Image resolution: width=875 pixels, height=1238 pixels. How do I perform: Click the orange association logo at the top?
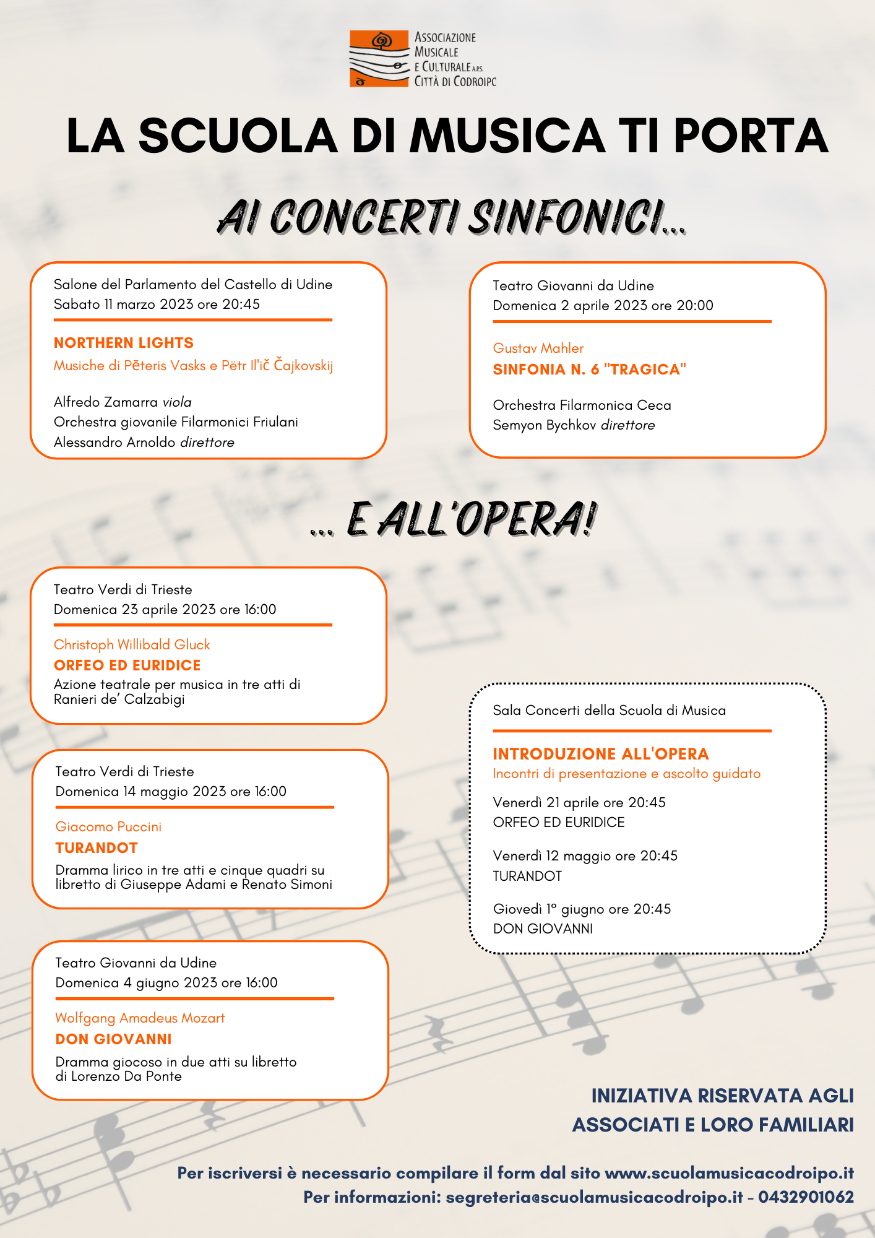(x=379, y=58)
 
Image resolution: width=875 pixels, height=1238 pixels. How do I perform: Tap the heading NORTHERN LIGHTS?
(x=124, y=343)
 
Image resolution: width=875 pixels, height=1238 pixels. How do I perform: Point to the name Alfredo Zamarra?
(x=106, y=402)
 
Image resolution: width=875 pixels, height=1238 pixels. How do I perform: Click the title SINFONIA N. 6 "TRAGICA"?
(x=590, y=370)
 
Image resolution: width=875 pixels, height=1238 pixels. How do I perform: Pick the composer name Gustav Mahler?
(x=538, y=348)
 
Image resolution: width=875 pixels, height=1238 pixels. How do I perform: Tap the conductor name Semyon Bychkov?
(x=545, y=425)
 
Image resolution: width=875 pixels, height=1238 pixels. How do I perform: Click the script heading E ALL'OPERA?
(x=470, y=519)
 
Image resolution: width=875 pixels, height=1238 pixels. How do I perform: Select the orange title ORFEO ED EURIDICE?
(x=127, y=665)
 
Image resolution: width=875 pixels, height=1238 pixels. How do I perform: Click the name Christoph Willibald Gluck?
(x=132, y=645)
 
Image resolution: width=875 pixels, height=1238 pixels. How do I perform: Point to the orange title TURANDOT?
(x=97, y=848)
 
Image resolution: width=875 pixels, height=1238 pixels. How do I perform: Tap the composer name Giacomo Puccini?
(x=108, y=827)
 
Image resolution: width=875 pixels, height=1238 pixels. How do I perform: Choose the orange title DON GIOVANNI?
(x=114, y=1039)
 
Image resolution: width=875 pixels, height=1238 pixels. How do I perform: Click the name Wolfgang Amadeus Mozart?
(x=140, y=1018)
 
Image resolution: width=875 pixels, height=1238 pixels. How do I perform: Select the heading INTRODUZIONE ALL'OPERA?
(x=601, y=754)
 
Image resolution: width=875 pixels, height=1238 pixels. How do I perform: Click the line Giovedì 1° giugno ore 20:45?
(x=582, y=909)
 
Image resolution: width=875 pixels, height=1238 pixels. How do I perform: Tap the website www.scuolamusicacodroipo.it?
(x=729, y=1173)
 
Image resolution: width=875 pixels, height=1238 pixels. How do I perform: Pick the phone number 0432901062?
(x=806, y=1197)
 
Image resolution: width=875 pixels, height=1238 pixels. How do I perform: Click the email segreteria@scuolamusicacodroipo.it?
(x=594, y=1197)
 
